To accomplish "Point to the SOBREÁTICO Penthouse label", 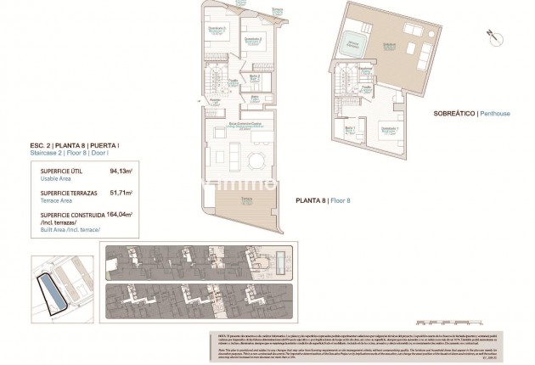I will point(459,113).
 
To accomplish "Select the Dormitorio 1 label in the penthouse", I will point(389,127).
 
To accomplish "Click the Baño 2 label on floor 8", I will point(254,79).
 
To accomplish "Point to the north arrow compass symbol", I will point(491,35).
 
